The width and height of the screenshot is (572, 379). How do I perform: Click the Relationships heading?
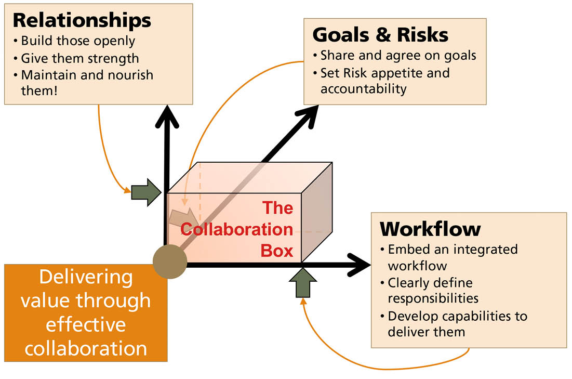[x=82, y=20]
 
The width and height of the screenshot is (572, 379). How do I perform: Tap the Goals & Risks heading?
[x=380, y=34]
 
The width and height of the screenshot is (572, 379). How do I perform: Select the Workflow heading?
[x=430, y=229]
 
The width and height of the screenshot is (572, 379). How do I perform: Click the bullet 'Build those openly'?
[x=78, y=41]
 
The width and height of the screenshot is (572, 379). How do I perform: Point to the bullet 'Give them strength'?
[x=80, y=58]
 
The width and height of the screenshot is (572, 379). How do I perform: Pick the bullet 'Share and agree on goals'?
[x=398, y=55]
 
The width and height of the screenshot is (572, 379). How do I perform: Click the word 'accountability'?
[x=363, y=88]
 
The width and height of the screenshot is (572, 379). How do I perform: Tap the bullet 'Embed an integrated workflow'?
[x=452, y=257]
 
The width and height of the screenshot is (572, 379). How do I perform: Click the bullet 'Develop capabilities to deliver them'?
[x=457, y=323]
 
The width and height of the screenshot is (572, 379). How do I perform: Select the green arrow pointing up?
[x=302, y=282]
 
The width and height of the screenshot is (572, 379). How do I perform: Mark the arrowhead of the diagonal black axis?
[x=308, y=115]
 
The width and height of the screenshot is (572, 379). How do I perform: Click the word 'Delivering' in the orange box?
[x=86, y=277]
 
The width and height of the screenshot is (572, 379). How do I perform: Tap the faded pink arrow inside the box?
[x=183, y=216]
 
